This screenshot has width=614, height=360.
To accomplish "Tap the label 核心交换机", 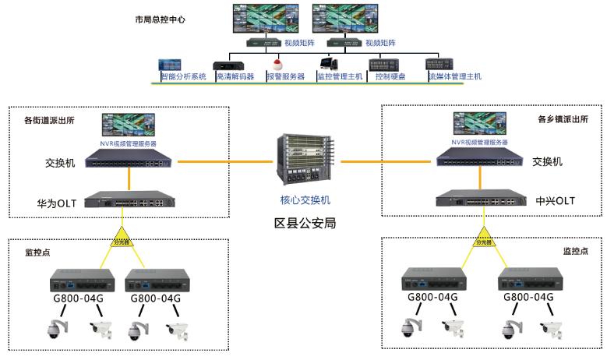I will (x=305, y=200).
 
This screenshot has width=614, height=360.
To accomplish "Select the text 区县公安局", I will (x=305, y=223).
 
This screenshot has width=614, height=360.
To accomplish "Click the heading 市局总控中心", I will (x=160, y=18).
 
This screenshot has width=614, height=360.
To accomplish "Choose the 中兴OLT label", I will (x=554, y=201).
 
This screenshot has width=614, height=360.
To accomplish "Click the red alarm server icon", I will (x=280, y=62).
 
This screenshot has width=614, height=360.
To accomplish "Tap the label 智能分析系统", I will (x=184, y=77).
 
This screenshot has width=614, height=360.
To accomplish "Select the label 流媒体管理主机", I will (x=455, y=77).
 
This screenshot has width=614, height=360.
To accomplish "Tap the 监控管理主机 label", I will (x=340, y=77).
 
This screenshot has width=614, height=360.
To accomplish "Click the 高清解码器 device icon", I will (x=228, y=63).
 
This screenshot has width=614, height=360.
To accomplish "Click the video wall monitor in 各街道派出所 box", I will (x=129, y=126).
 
